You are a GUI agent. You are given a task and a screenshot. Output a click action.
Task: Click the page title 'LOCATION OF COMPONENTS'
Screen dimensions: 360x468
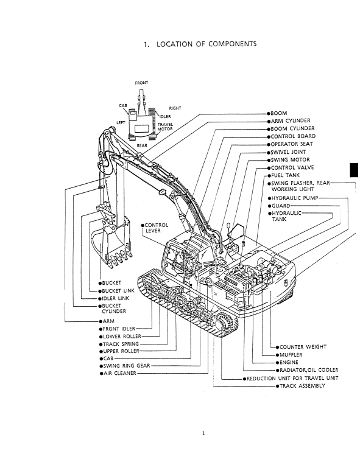tap(206, 44)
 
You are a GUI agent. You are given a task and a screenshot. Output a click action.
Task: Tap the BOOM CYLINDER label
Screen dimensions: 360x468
tap(292, 128)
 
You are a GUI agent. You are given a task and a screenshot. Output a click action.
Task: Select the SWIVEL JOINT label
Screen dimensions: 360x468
tap(288, 152)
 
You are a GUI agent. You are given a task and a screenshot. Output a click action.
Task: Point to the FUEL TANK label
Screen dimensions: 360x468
tap(285, 175)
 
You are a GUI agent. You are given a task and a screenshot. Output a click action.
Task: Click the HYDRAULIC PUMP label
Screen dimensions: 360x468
tap(295, 198)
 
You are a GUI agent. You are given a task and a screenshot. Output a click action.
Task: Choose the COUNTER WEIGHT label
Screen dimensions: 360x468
tap(303, 347)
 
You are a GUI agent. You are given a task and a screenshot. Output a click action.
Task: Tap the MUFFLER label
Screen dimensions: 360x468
tap(291, 355)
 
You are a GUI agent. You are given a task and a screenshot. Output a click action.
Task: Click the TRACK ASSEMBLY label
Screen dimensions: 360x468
tap(302, 386)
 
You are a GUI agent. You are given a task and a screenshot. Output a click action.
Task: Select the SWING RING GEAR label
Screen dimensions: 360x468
tap(127, 366)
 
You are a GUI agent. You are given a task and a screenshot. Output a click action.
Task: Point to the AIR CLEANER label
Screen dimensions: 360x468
tap(120, 373)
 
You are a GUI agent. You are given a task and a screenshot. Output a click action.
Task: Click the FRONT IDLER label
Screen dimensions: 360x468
tap(119, 329)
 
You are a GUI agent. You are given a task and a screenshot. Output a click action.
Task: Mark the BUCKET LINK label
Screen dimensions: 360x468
tap(118, 291)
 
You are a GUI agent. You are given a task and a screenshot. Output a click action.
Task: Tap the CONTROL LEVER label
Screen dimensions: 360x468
tap(157, 228)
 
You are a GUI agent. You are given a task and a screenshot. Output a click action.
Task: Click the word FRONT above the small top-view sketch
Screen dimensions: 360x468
tap(141, 83)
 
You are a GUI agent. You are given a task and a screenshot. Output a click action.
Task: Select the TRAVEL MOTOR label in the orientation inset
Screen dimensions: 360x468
tap(165, 127)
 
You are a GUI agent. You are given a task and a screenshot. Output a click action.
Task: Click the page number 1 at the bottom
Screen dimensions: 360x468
tap(203, 433)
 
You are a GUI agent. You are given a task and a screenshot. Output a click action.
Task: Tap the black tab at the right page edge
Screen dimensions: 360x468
tap(354, 170)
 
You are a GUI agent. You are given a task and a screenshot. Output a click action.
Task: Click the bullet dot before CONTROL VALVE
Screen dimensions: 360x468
tap(269, 168)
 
